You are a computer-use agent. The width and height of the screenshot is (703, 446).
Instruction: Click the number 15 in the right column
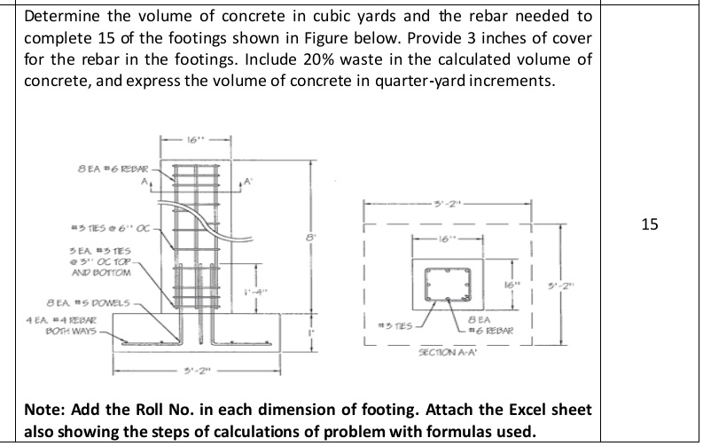(x=650, y=224)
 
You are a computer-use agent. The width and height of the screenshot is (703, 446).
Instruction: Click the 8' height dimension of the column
(x=309, y=237)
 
